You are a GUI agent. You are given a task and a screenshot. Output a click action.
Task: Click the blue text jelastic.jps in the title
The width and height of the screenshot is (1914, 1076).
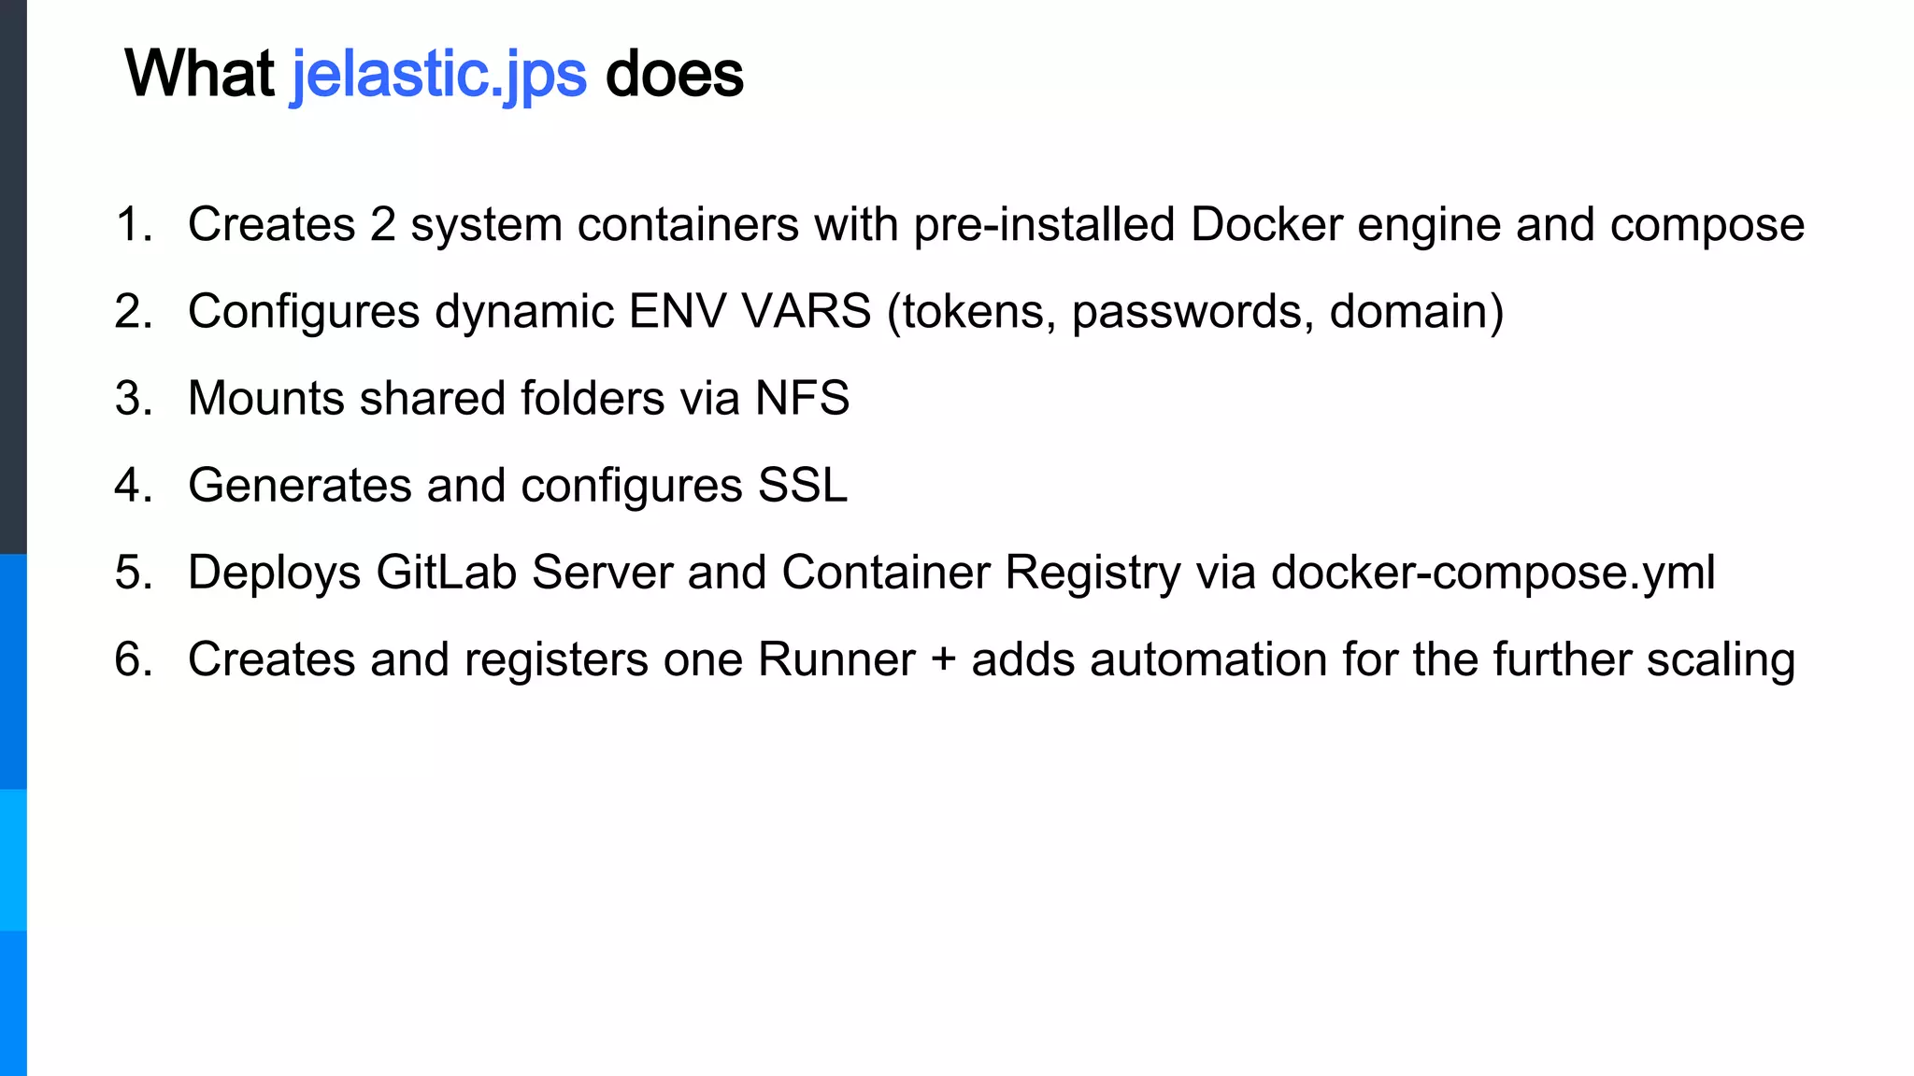click(439, 75)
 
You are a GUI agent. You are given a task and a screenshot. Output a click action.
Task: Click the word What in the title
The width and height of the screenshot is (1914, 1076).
click(199, 75)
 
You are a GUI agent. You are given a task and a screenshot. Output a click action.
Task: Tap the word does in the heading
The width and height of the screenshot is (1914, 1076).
click(674, 75)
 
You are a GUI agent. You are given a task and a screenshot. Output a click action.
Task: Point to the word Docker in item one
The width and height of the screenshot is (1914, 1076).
click(1265, 225)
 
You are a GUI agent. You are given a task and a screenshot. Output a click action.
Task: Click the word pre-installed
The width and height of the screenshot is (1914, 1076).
click(1044, 225)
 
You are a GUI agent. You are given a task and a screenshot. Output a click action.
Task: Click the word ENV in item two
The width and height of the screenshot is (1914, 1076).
click(678, 312)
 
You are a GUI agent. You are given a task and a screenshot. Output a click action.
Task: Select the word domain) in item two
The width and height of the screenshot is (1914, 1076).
click(1416, 312)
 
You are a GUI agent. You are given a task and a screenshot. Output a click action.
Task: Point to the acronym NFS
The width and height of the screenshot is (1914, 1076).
click(802, 399)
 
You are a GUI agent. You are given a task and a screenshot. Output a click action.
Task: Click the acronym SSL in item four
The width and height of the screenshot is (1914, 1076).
click(802, 486)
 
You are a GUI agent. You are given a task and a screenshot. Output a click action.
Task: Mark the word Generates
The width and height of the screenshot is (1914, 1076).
click(300, 486)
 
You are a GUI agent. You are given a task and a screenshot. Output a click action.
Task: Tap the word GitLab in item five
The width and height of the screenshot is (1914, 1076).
click(446, 573)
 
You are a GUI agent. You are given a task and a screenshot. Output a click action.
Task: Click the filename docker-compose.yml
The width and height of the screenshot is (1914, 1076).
click(1493, 573)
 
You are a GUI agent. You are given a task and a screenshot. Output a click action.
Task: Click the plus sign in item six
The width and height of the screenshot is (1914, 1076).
click(943, 659)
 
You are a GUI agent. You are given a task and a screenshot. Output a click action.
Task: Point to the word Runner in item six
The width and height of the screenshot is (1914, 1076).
click(836, 659)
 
